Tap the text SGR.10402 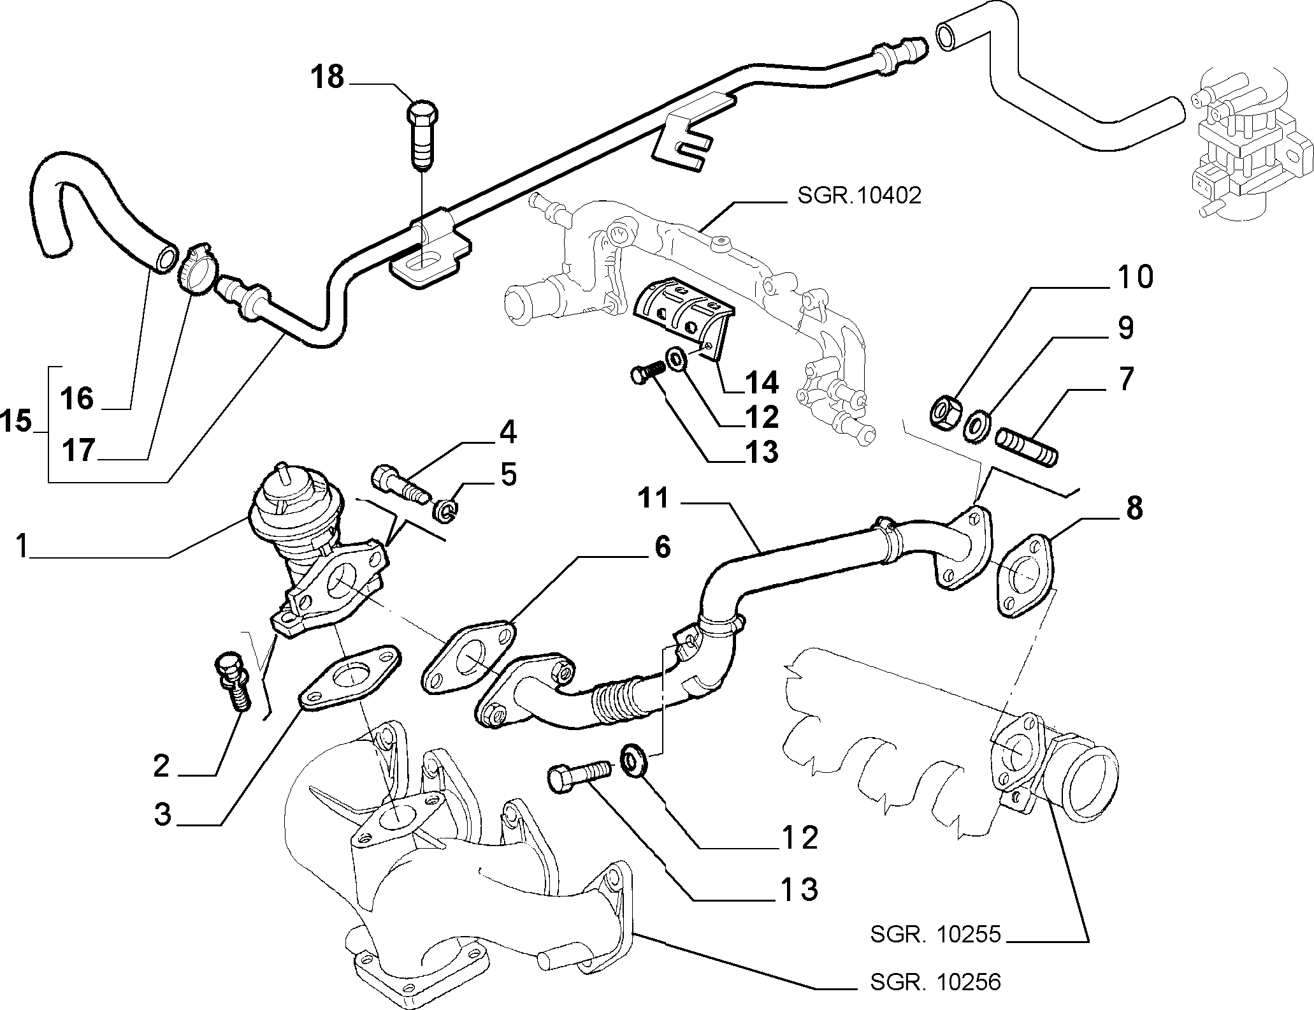point(859,195)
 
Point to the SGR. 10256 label point(935,981)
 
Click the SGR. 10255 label point(935,934)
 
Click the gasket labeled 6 point(469,661)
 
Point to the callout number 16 point(78,399)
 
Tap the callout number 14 point(762,383)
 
